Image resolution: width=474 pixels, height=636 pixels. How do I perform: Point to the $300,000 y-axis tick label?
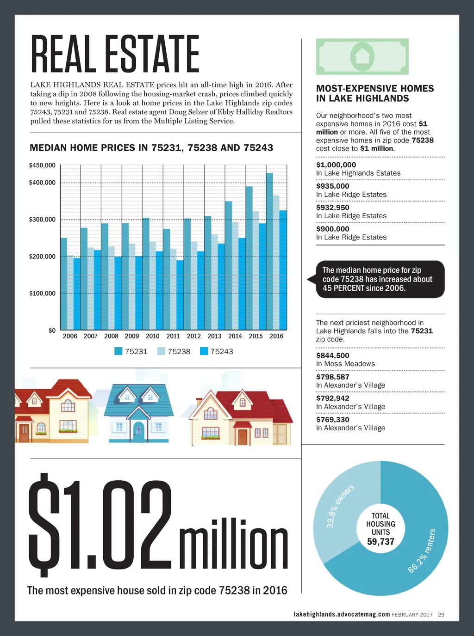click(42, 220)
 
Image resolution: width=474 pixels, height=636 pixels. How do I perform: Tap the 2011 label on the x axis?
click(173, 336)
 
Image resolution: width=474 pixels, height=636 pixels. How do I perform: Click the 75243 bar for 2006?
click(77, 294)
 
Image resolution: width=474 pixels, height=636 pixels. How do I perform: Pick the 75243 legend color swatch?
click(204, 351)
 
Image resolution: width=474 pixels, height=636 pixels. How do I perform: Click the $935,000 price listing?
click(333, 186)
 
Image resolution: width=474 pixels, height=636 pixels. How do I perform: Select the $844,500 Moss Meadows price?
click(333, 355)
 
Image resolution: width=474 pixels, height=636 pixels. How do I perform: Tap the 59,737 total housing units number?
click(380, 542)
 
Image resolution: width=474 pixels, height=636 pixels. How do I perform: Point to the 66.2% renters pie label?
click(422, 551)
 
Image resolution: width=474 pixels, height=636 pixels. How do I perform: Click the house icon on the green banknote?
click(362, 56)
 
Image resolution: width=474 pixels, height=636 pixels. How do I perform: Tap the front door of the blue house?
click(138, 431)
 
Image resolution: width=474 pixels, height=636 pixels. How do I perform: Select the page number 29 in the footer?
click(441, 615)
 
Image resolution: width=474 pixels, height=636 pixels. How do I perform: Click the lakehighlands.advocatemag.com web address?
click(342, 614)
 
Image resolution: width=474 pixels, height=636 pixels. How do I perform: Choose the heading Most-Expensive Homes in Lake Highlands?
click(375, 93)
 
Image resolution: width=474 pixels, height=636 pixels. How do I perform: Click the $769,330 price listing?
click(333, 420)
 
